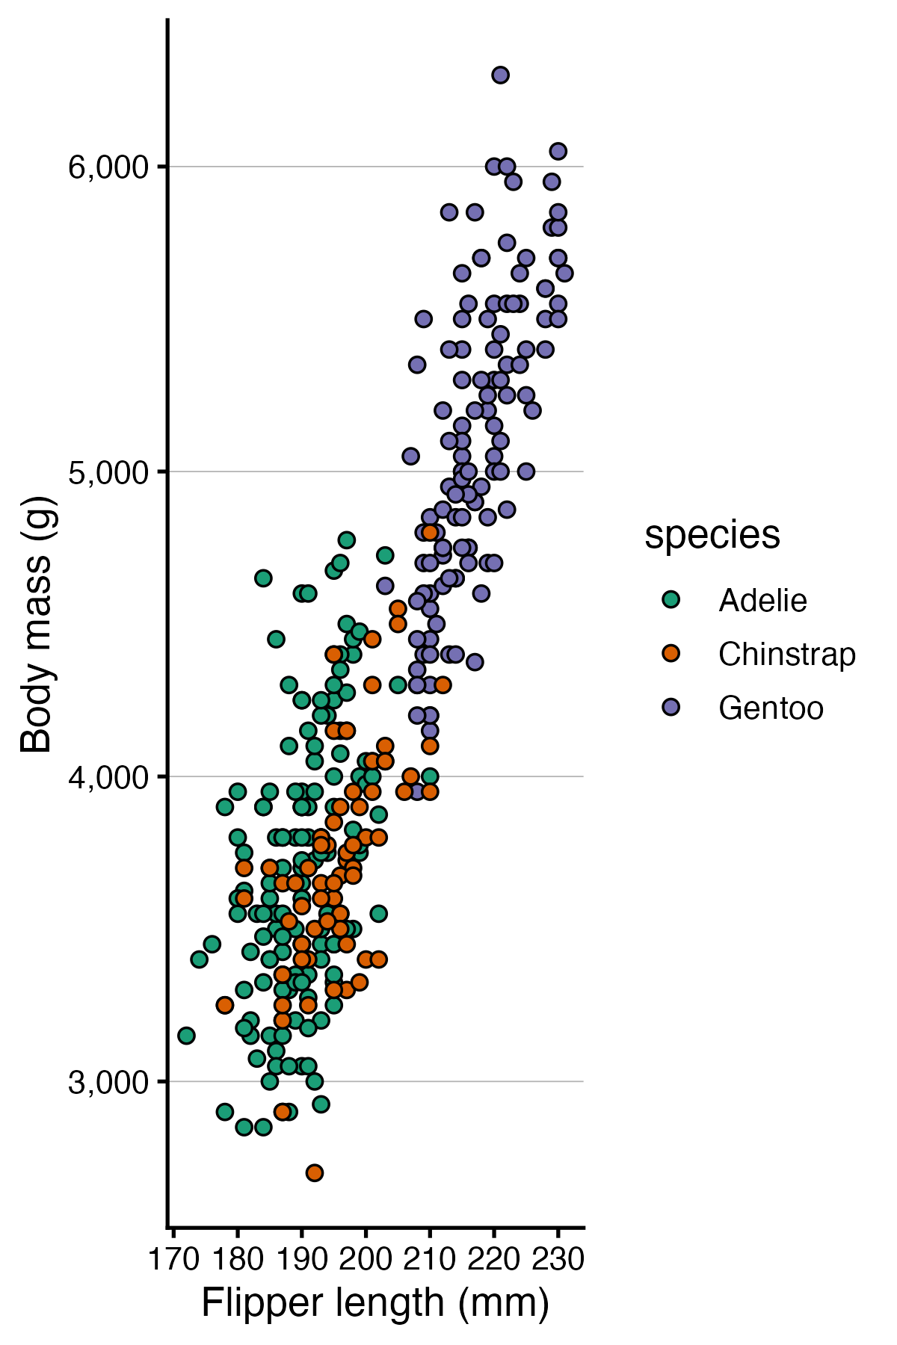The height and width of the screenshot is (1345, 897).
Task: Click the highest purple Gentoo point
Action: [500, 75]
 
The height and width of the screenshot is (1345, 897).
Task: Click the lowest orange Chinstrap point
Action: [315, 1172]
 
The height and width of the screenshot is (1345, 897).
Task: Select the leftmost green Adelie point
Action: [186, 1036]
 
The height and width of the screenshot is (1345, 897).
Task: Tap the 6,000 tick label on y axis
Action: [109, 167]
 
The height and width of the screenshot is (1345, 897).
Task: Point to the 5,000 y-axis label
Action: [109, 472]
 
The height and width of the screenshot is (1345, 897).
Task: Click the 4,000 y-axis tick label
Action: [109, 777]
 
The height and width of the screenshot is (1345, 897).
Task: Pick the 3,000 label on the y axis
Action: [109, 1082]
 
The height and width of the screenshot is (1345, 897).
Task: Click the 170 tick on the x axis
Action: [173, 1260]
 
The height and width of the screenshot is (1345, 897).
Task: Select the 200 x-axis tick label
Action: [366, 1260]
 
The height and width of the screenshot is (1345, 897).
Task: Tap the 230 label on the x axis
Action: [558, 1260]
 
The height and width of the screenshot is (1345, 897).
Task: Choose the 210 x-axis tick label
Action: [430, 1260]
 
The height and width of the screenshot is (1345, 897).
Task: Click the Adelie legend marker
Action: [671, 600]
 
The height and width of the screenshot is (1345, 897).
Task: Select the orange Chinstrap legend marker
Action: [671, 654]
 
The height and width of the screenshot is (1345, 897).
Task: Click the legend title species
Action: [712, 535]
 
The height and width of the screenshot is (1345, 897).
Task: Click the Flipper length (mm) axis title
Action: [375, 1304]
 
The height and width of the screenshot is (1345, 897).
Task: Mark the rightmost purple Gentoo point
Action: [564, 273]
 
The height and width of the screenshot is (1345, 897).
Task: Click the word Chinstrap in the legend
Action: [786, 655]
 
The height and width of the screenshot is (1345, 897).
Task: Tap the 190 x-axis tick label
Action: [301, 1260]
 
